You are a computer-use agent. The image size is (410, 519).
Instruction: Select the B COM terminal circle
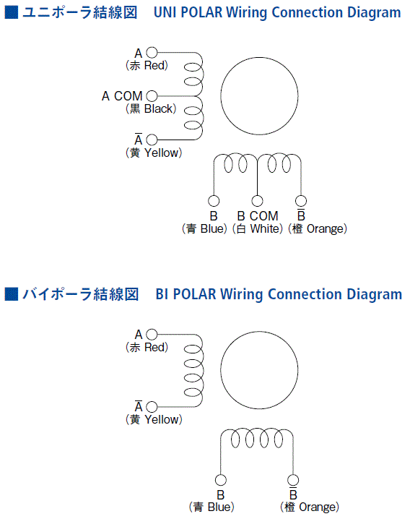(257, 201)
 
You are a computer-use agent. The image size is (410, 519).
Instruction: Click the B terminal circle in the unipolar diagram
(214, 201)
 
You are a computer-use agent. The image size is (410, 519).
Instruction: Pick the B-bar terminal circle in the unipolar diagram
(301, 201)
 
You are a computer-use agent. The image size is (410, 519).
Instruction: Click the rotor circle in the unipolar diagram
(221, 96)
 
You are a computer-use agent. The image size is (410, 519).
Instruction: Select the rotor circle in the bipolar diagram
(221, 370)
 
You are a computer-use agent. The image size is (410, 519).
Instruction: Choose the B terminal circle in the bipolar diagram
(221, 480)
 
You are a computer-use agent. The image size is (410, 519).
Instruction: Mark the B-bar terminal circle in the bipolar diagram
(293, 480)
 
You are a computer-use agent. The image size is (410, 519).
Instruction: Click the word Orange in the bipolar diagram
(317, 507)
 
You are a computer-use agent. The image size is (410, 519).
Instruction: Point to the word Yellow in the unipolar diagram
(162, 153)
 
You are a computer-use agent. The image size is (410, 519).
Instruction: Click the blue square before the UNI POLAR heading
(12, 12)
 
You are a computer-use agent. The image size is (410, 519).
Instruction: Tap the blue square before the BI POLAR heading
(12, 294)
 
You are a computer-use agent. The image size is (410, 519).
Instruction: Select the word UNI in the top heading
(165, 12)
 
